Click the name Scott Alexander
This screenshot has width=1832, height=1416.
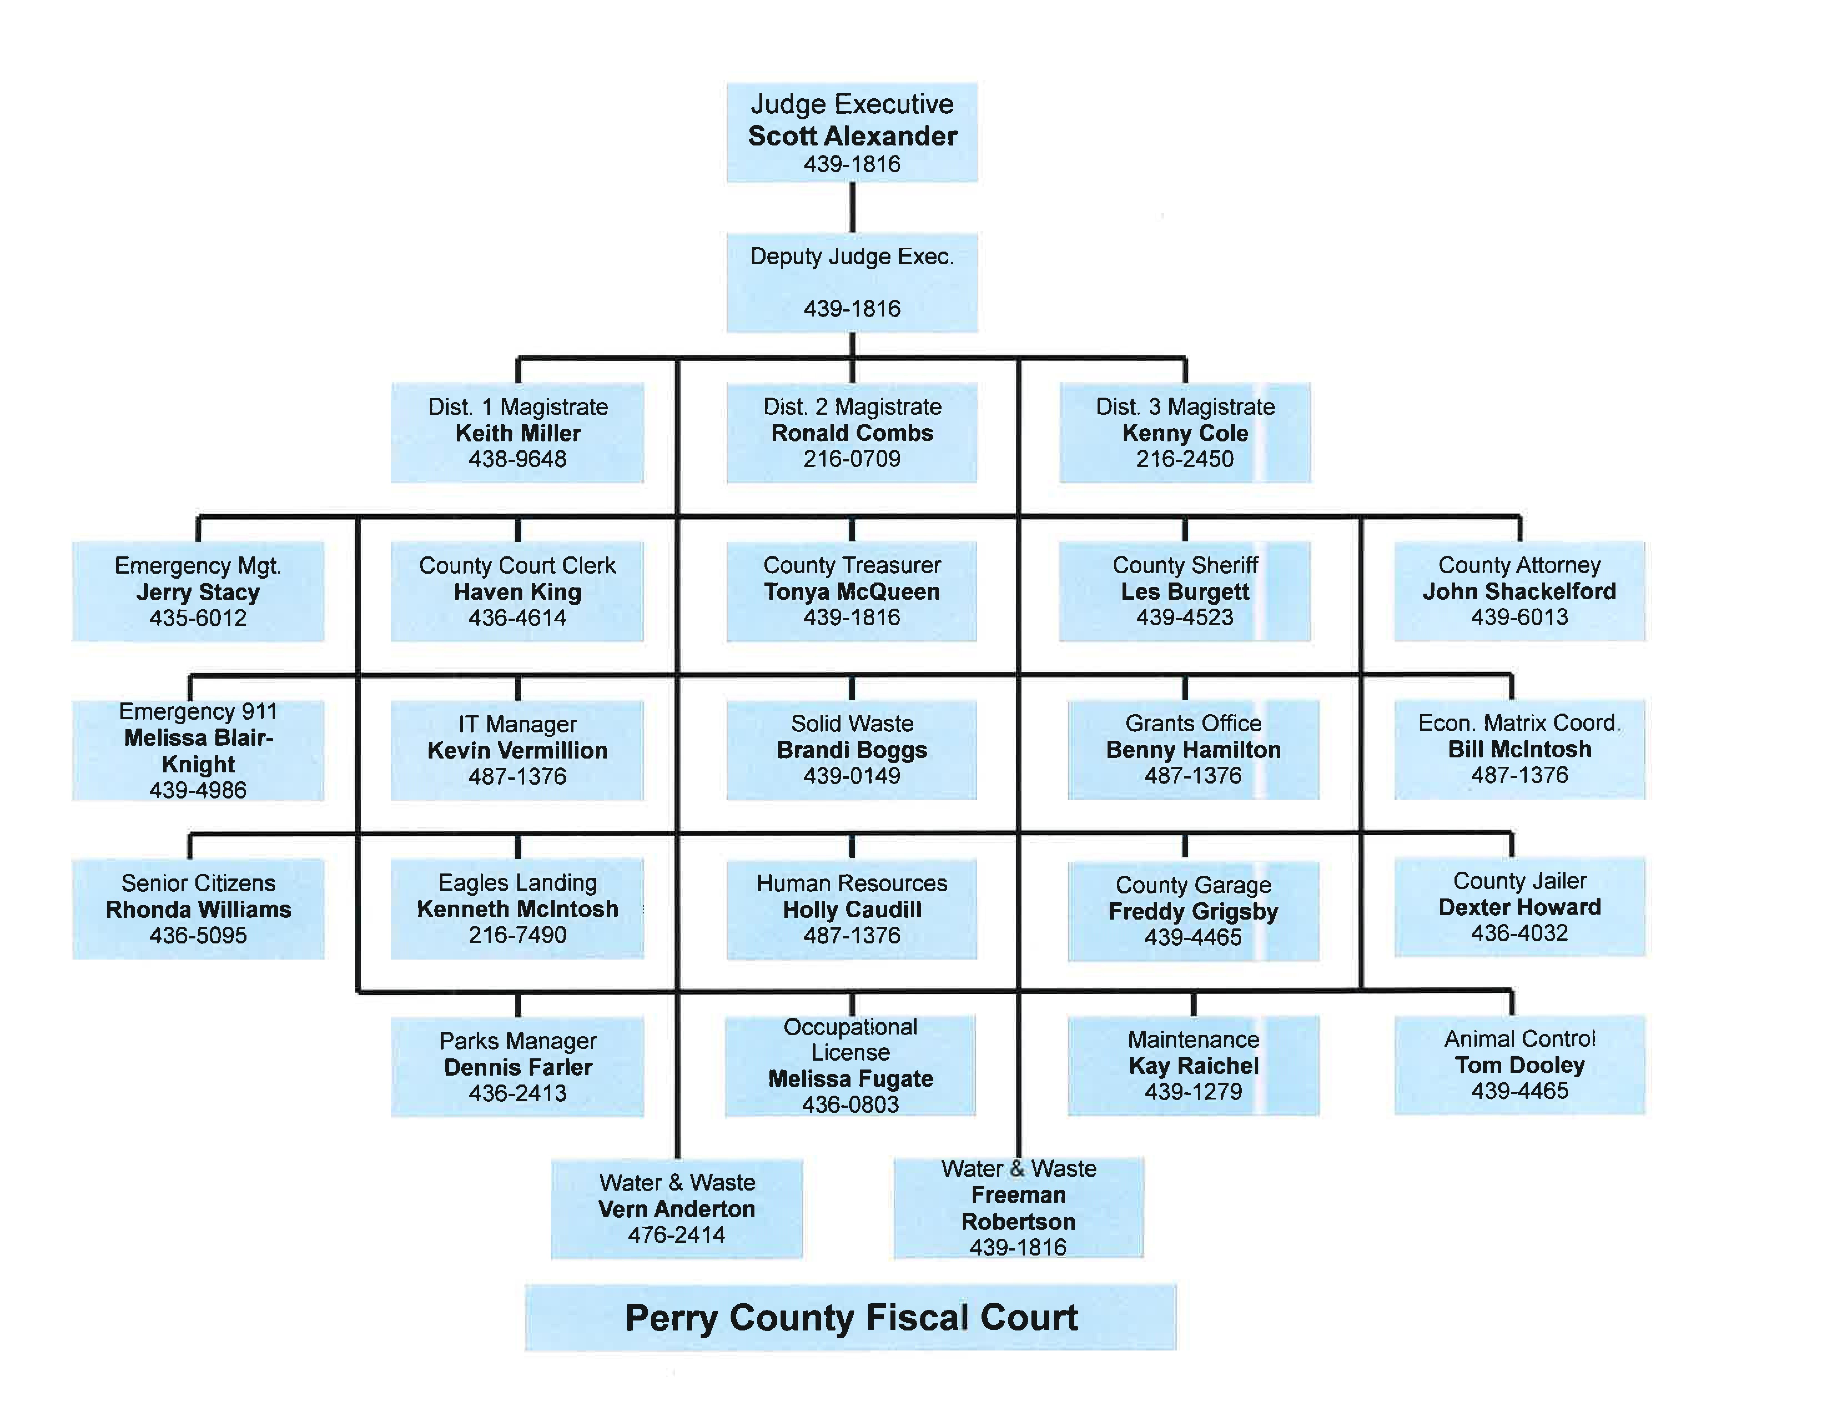(x=852, y=136)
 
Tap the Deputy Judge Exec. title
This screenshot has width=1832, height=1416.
(x=852, y=257)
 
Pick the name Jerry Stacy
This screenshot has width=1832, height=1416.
(x=198, y=592)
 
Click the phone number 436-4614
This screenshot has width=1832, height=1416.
(x=518, y=618)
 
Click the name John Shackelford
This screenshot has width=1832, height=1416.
(x=1519, y=591)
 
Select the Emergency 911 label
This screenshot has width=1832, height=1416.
(x=198, y=711)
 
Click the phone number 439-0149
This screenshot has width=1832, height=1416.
(x=852, y=776)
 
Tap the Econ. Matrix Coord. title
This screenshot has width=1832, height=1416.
(x=1519, y=723)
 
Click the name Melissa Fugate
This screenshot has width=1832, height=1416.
(x=850, y=1079)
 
